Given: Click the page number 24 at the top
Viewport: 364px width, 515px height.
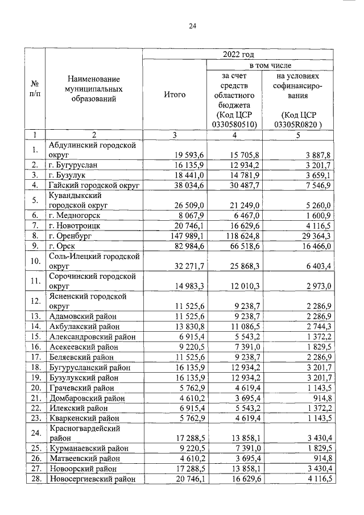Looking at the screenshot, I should tap(192, 26).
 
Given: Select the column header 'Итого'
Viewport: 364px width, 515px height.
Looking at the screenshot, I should tap(174, 94).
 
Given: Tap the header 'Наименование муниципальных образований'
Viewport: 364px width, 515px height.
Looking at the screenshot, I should tap(94, 89).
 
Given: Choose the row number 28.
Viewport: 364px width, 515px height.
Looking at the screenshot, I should tap(35, 479).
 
